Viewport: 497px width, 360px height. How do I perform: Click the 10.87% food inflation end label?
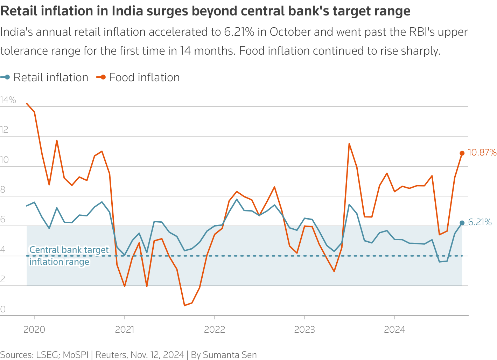coord(482,153)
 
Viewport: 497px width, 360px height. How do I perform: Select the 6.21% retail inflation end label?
coord(479,222)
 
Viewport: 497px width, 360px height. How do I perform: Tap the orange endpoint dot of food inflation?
coord(462,153)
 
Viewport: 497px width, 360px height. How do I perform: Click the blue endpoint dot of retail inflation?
coord(462,223)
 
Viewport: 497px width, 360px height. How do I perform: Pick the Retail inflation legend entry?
coord(50,77)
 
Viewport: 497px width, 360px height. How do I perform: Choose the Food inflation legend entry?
coord(144,77)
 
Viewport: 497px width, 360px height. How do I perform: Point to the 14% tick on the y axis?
coord(8,100)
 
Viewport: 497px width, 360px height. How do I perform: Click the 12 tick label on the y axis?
coord(4,130)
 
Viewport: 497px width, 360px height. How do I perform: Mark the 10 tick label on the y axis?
coord(4,160)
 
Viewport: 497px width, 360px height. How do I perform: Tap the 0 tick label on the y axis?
coord(3,309)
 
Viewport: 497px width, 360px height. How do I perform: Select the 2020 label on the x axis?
coord(34,330)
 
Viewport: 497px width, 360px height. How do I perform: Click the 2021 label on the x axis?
coord(124,330)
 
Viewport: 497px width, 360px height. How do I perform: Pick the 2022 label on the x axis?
coord(215,330)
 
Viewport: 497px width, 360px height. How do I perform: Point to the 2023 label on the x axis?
coord(304,330)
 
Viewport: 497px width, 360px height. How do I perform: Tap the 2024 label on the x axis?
coord(394,330)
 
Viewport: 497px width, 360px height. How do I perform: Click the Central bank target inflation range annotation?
coord(69,256)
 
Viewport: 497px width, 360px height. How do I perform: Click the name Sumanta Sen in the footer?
coord(230,355)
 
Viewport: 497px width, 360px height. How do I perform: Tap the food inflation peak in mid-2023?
coord(349,144)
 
